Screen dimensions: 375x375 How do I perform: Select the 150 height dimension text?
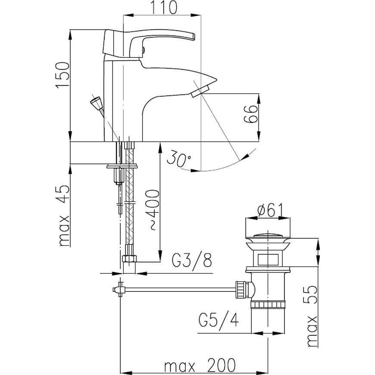coord(62,75)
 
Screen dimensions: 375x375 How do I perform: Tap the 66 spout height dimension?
coord(250,114)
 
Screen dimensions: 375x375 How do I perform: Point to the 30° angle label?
coord(179,159)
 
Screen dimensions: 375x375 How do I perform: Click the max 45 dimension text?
coord(64,215)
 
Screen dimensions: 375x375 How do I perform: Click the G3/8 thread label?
coord(192,260)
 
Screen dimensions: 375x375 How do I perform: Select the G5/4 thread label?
coord(219,319)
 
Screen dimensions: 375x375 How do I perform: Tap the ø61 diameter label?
coord(269,210)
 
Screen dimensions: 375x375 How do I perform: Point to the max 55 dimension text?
coord(312,316)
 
